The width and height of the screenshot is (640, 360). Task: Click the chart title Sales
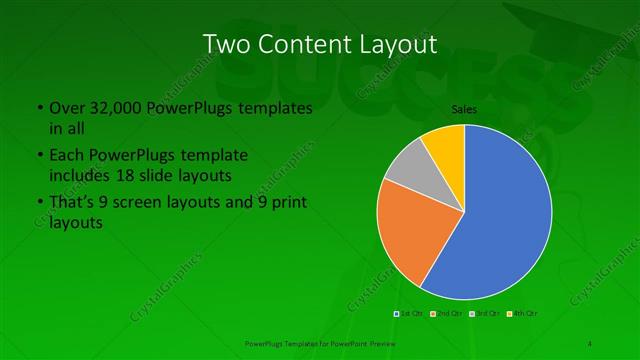click(x=464, y=108)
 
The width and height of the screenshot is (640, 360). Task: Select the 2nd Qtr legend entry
click(x=446, y=313)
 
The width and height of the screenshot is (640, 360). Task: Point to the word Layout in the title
click(x=397, y=44)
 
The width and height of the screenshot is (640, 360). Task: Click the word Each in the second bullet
click(x=66, y=156)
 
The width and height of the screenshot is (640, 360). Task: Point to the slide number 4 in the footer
click(x=590, y=343)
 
